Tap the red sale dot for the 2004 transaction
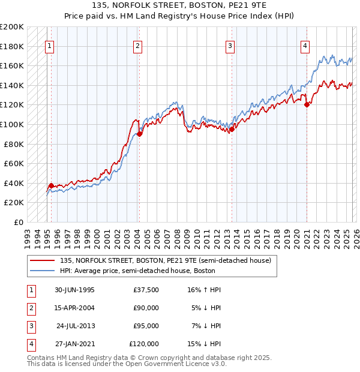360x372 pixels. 139,134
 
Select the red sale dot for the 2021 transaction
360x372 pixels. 307,104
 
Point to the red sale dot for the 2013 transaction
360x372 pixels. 232,129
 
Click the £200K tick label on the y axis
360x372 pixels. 12,27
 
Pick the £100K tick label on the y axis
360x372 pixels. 12,124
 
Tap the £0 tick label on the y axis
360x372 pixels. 18,222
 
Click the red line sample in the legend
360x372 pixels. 43,260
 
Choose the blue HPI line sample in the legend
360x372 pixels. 43,270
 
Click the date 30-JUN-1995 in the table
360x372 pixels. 74,290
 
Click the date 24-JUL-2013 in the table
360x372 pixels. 75,326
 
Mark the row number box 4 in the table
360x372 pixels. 31,344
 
